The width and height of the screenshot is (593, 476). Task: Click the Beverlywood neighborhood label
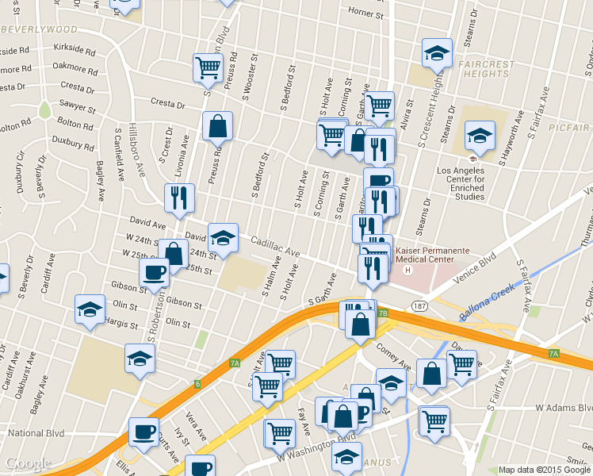pos(40,29)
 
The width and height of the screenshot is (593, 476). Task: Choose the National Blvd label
pos(36,433)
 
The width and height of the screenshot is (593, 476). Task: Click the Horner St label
pos(365,14)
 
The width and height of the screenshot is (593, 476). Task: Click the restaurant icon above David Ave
pos(178,197)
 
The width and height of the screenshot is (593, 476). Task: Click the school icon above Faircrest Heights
pos(436,52)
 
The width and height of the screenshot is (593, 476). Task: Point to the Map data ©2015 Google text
pos(544,470)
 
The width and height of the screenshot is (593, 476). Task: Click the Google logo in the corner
pos(28,464)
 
